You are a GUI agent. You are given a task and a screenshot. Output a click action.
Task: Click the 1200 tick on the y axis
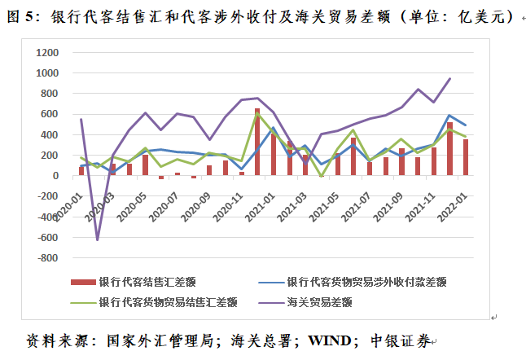[x=47, y=52]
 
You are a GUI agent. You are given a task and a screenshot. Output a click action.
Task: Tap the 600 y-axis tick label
[x=50, y=114]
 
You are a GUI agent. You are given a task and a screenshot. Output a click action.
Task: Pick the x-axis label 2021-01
[x=261, y=201]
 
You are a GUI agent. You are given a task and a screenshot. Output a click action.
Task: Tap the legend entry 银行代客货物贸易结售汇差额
[x=167, y=301]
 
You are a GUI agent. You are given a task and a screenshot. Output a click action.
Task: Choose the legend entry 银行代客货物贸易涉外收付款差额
[x=366, y=282]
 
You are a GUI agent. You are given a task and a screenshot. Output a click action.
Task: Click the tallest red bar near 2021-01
[x=257, y=142]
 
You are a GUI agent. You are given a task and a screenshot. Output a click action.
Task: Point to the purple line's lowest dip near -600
[x=98, y=239]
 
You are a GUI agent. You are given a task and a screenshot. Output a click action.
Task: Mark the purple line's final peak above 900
[x=449, y=79]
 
